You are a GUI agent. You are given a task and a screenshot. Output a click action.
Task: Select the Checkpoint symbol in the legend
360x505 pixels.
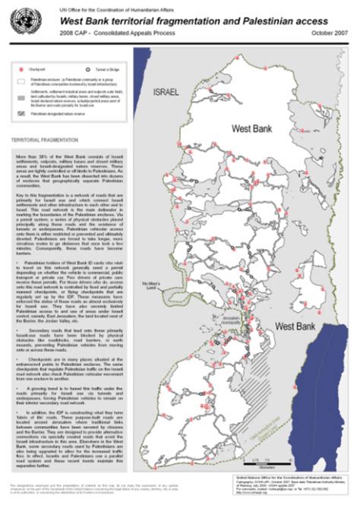pos(20,69)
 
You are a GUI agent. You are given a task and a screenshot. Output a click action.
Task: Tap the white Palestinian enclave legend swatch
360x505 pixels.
pos(21,80)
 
